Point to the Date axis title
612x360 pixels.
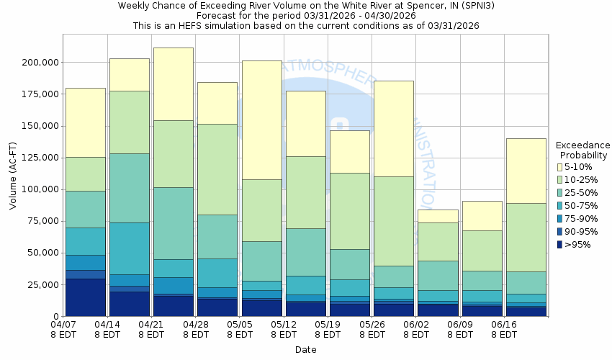(306, 350)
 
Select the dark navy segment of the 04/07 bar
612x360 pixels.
(85, 297)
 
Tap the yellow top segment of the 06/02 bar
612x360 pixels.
(438, 216)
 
